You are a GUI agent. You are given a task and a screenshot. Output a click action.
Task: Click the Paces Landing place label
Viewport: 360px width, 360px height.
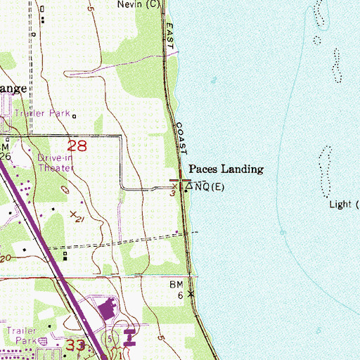coord(226,169)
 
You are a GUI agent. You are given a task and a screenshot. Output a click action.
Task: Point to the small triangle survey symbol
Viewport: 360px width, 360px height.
coord(188,187)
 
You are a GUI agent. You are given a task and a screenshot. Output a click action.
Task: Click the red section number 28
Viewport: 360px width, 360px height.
coord(78,146)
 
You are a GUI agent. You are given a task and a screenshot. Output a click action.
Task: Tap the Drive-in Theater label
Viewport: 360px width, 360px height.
coord(55,163)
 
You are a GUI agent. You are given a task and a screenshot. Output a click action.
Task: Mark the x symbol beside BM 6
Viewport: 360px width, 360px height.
coord(190,294)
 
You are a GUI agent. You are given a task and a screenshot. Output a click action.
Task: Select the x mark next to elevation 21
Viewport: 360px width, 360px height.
coord(73,213)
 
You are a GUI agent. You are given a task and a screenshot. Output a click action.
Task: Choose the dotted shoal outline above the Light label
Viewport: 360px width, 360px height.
coord(326,171)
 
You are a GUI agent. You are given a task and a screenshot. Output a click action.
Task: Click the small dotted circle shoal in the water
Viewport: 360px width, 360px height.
coord(316,39)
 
